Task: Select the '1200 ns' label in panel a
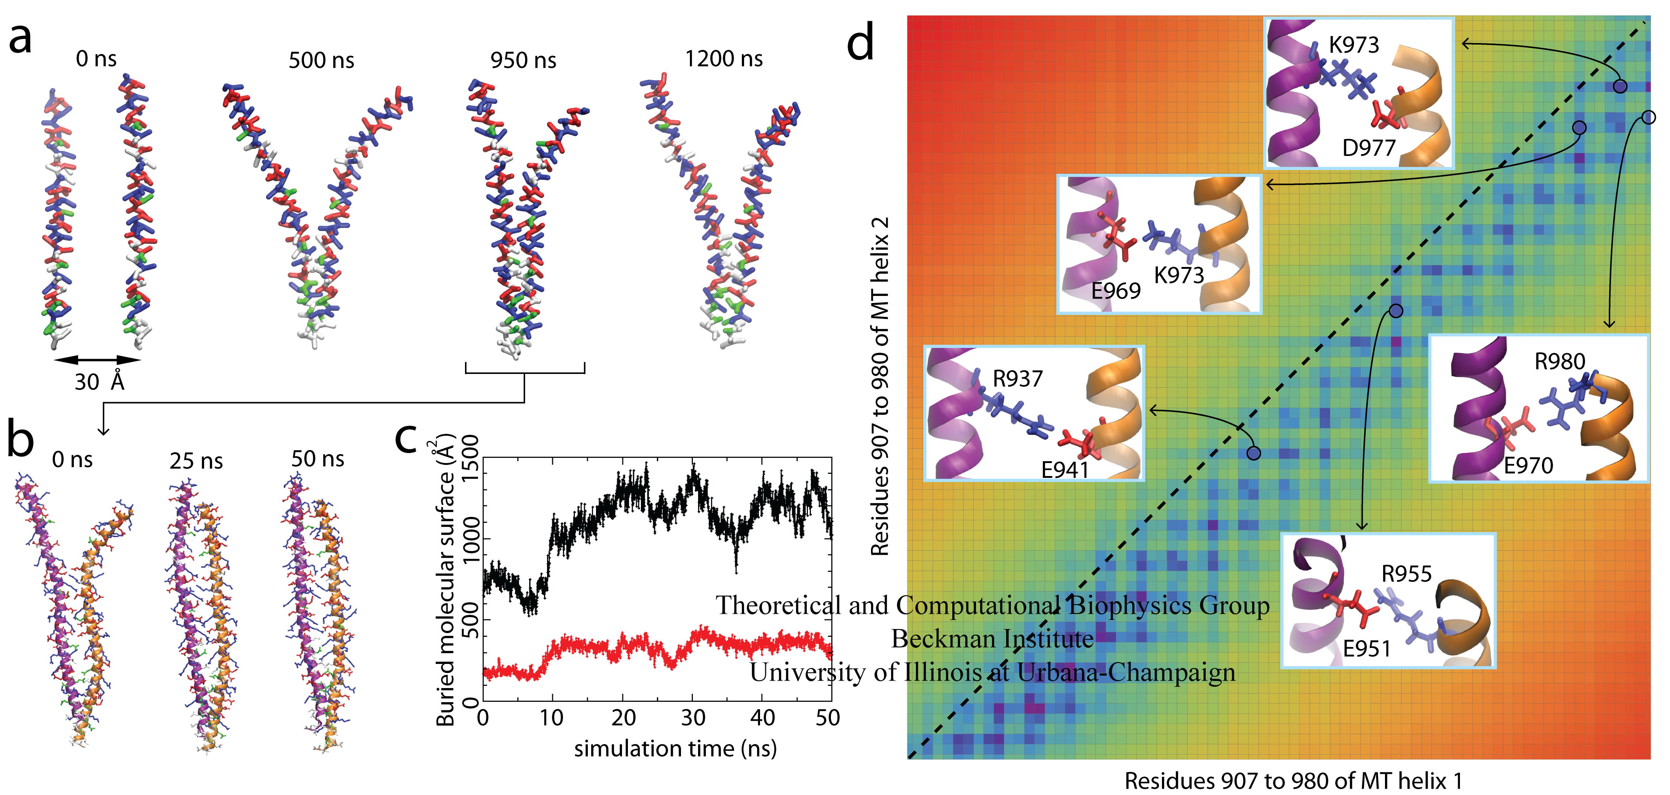point(724,59)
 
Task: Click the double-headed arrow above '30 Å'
point(97,359)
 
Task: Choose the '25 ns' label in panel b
point(196,461)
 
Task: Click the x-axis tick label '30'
point(692,718)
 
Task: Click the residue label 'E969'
point(1115,291)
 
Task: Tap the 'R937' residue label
point(1017,379)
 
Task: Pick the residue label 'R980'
point(1559,361)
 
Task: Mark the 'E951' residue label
point(1366,648)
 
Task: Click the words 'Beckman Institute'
point(992,639)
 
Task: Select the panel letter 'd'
point(861,42)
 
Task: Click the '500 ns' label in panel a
point(321,60)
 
